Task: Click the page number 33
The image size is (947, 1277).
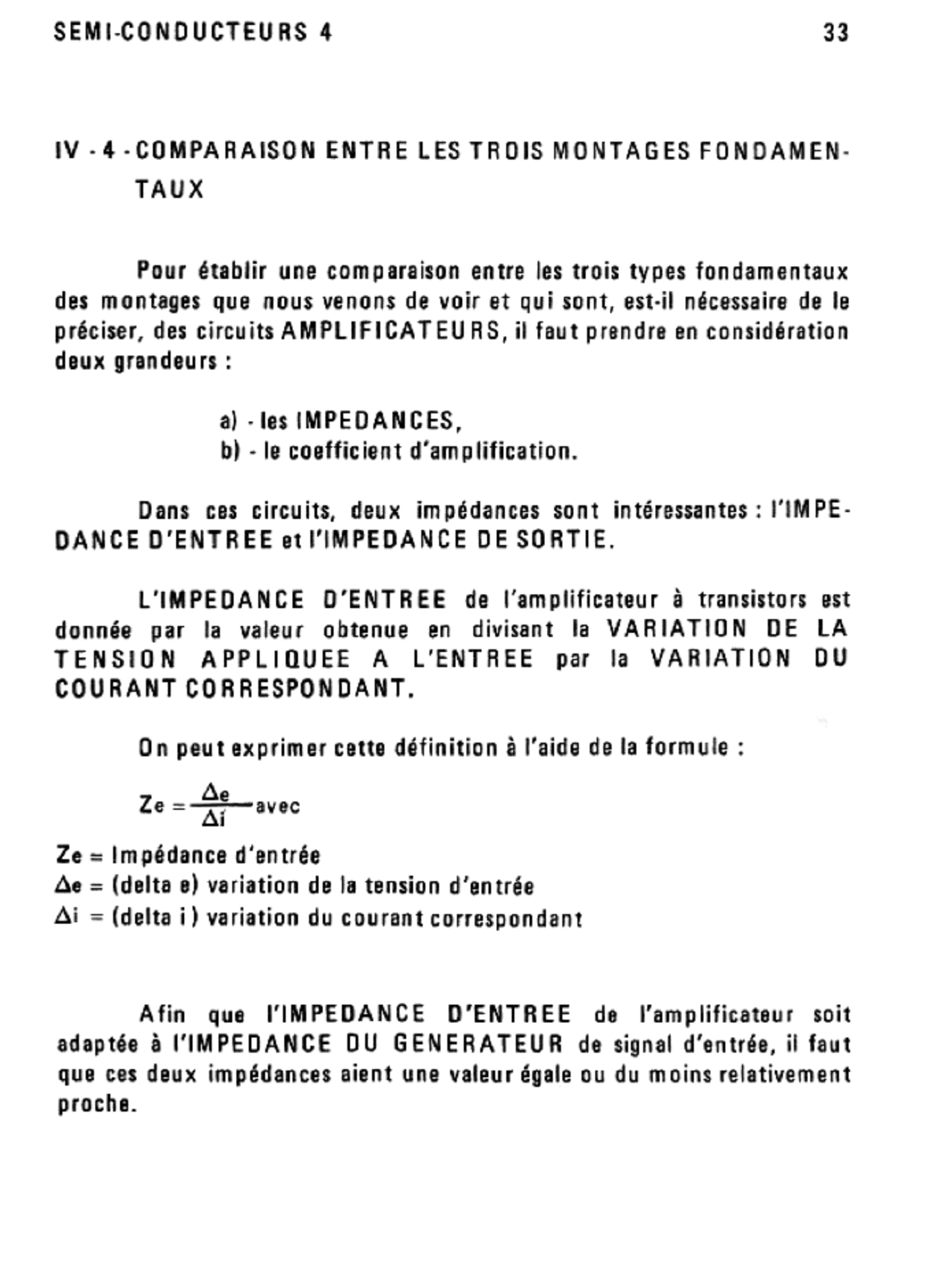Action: coord(836,32)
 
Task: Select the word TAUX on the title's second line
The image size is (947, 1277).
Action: coord(170,190)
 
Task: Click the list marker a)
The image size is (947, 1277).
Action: coord(229,421)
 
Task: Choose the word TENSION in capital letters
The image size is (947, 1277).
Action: coord(115,659)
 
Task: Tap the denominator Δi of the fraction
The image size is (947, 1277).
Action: coord(214,819)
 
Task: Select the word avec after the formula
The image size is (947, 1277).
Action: coord(278,806)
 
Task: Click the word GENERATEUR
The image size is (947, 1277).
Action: coord(478,1043)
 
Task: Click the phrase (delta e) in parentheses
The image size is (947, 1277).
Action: coord(155,886)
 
